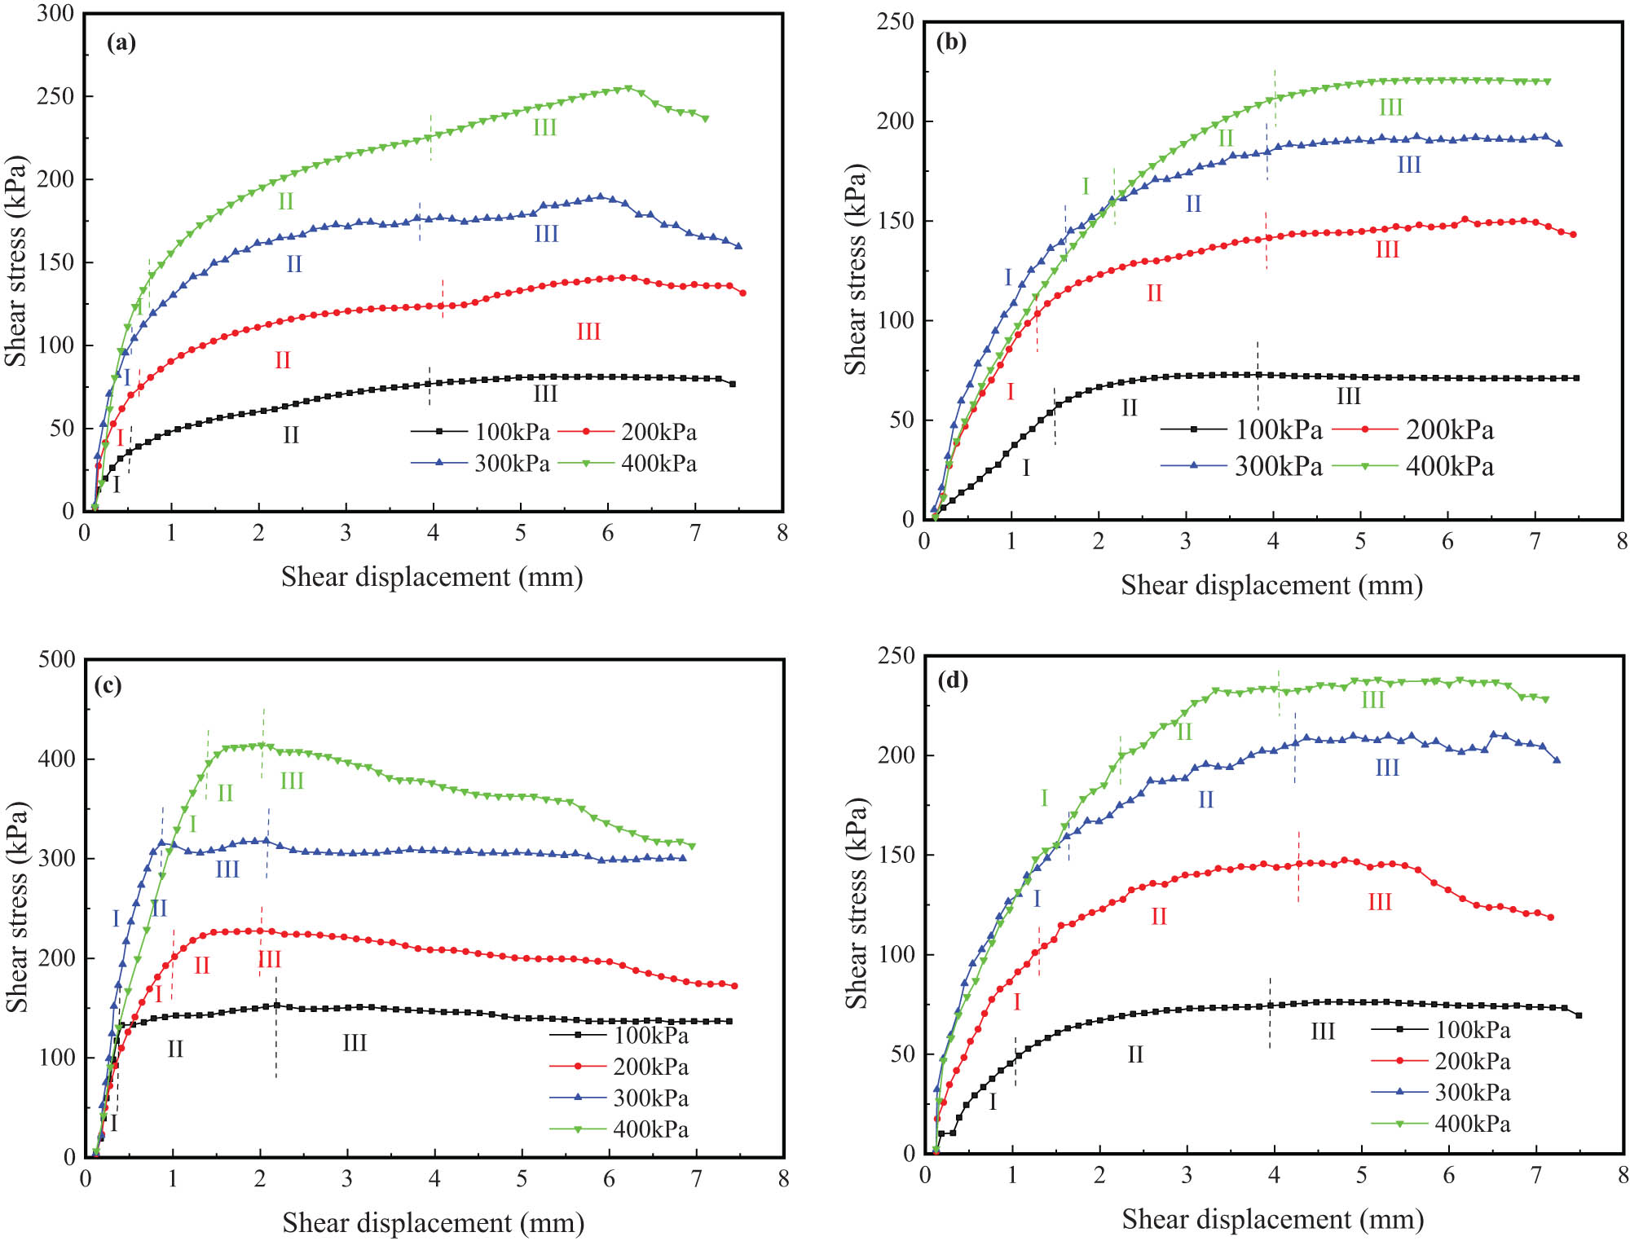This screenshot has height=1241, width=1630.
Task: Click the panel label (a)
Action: [x=121, y=43]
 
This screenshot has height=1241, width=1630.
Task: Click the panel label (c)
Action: [x=108, y=685]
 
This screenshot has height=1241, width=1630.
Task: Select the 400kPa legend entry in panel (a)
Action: [x=640, y=464]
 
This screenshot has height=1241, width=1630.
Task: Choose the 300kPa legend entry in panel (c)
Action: [x=619, y=1098]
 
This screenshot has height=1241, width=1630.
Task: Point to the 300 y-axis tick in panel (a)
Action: [x=55, y=13]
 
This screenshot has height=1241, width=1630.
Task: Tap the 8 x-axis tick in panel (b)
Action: [x=1622, y=541]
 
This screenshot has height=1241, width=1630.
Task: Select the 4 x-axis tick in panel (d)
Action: [x=1274, y=1175]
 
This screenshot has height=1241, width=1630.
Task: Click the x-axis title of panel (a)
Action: [x=432, y=577]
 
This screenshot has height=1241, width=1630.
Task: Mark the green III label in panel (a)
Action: [x=544, y=128]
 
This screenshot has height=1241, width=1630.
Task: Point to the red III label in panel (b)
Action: [x=1387, y=249]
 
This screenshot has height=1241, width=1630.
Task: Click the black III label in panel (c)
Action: [x=355, y=1043]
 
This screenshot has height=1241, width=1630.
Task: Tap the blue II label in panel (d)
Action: [x=1205, y=800]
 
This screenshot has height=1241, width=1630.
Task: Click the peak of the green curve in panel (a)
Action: [x=628, y=88]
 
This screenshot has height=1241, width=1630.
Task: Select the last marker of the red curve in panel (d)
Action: [x=1550, y=918]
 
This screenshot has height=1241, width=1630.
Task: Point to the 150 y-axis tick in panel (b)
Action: [x=894, y=221]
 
